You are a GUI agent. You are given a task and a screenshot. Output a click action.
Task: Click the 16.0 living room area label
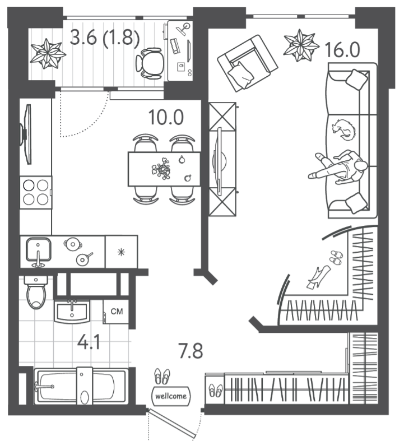tap(342, 50)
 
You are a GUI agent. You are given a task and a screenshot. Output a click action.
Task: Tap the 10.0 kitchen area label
tap(166, 117)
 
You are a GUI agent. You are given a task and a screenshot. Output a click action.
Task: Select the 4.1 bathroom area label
tap(89, 342)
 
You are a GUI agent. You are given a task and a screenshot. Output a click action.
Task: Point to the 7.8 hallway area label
tap(191, 351)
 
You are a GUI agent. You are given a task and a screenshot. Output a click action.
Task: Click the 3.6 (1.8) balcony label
tap(105, 38)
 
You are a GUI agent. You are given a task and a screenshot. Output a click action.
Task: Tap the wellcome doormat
tap(171, 396)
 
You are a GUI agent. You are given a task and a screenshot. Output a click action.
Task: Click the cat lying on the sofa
tap(343, 129)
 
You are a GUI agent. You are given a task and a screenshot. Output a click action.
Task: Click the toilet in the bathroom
tap(36, 293)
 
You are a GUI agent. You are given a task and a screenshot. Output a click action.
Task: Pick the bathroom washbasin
tap(72, 312)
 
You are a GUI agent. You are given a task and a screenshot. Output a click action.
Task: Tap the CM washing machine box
tap(116, 312)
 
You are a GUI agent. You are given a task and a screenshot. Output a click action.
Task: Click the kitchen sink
tap(39, 250)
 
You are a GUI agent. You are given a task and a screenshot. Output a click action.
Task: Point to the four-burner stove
tap(36, 192)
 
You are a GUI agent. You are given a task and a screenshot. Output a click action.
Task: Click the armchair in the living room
tap(248, 63)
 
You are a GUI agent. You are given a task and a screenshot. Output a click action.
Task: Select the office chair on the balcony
tap(150, 63)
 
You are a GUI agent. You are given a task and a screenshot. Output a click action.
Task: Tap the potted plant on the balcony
tap(48, 53)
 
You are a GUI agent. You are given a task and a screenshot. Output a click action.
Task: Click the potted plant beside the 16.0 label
tap(301, 45)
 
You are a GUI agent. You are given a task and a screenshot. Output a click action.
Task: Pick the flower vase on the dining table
tap(161, 169)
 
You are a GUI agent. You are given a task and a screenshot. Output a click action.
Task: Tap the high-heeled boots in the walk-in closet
tap(319, 277)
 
